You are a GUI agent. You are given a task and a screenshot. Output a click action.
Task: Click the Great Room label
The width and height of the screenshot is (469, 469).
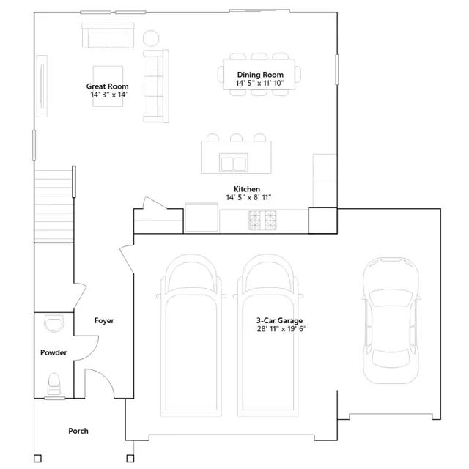[x=108, y=86]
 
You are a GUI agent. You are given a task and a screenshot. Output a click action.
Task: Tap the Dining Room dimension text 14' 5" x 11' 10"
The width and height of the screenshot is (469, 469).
[x=260, y=83]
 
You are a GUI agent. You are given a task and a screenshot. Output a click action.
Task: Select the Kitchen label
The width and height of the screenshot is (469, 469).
[x=247, y=189]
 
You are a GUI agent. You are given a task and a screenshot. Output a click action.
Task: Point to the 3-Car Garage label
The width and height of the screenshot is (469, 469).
[x=279, y=321]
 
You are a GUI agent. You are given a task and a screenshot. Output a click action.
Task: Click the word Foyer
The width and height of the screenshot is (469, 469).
[x=104, y=321]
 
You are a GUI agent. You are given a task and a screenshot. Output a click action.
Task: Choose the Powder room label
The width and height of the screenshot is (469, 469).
[x=53, y=352]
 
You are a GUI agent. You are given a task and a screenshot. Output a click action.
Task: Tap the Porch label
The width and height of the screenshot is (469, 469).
[x=78, y=431]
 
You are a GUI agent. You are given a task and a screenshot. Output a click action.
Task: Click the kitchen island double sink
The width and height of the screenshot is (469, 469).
[x=234, y=163]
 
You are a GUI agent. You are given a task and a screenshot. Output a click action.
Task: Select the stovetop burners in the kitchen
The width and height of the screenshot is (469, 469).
[x=262, y=221]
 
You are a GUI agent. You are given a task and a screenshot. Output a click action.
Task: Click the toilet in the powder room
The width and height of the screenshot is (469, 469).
[x=54, y=384]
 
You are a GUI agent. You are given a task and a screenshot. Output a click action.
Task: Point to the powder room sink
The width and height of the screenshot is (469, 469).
[x=53, y=323]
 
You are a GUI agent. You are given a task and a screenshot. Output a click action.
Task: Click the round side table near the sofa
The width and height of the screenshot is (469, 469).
[x=151, y=38]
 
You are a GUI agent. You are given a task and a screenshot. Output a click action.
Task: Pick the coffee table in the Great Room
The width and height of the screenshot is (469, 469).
[x=108, y=86]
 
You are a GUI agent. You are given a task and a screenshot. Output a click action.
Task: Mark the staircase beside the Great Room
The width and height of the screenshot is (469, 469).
[x=53, y=206]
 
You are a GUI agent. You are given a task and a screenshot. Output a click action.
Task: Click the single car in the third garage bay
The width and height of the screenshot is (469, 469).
[x=391, y=320]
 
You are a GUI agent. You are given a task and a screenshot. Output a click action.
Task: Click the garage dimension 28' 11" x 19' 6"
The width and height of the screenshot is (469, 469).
[x=281, y=329]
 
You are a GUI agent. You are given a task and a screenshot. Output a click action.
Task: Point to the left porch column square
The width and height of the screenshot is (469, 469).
[x=37, y=459]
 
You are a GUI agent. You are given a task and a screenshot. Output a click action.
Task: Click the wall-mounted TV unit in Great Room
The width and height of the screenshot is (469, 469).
[x=43, y=86]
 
